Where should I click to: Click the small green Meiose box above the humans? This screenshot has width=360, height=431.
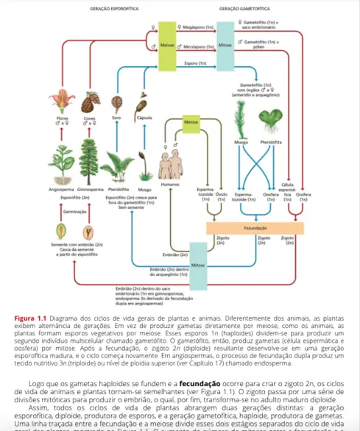point(191,121)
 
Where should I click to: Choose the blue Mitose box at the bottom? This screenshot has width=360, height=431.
point(197,263)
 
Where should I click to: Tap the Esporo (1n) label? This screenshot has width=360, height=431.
point(195,63)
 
